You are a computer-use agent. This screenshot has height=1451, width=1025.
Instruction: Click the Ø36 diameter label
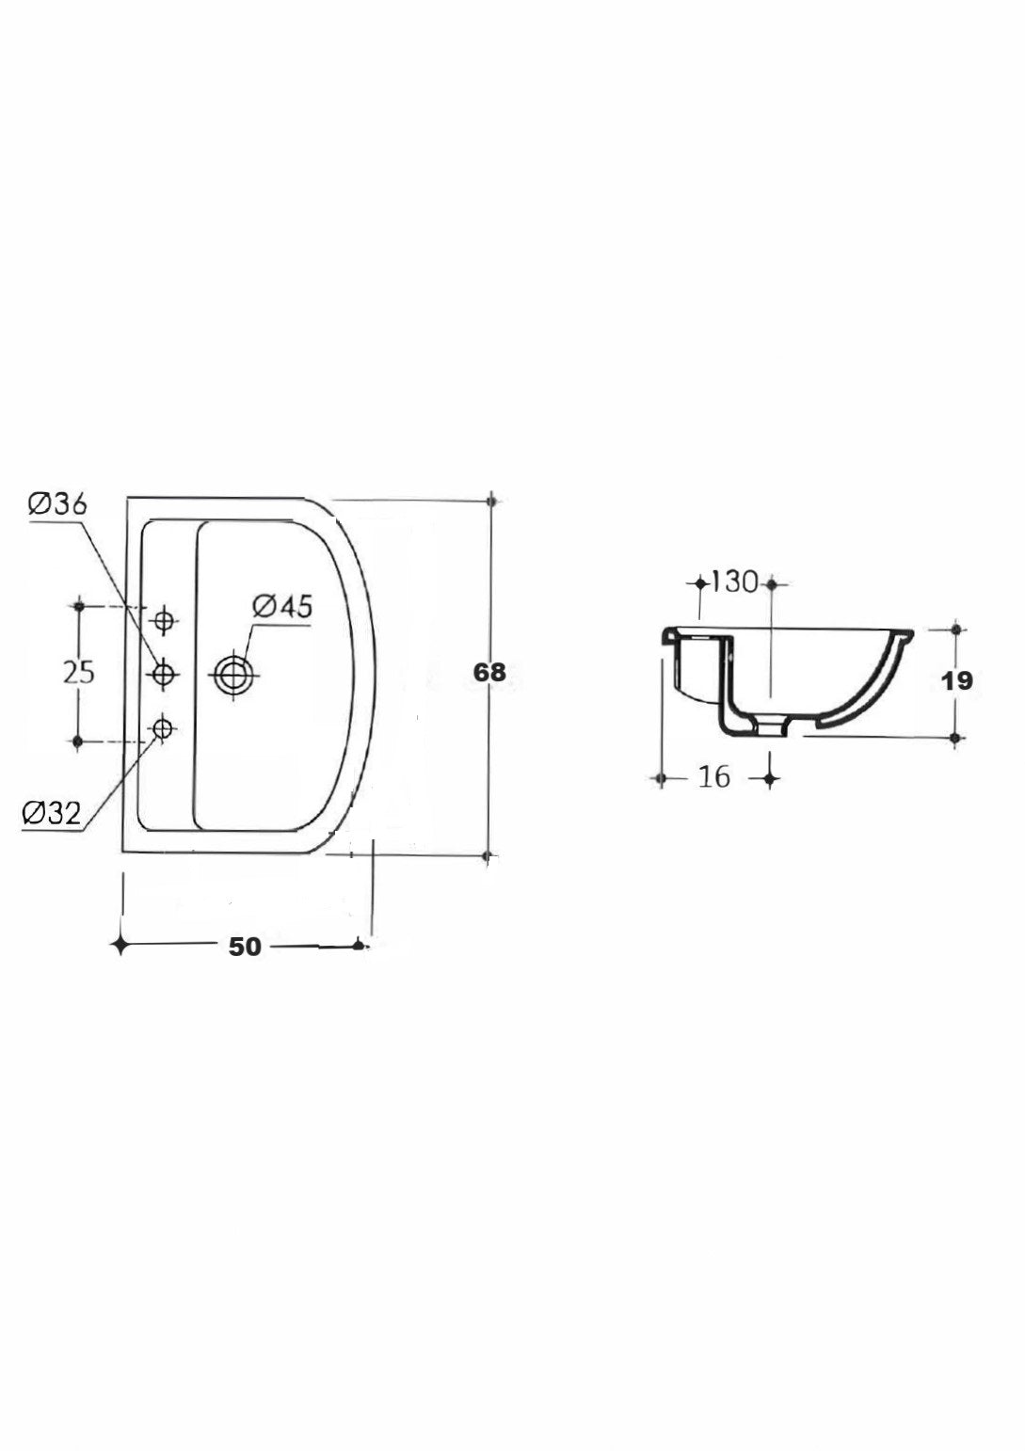[x=57, y=503]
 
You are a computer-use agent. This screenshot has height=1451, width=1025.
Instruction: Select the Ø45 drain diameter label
[x=282, y=606]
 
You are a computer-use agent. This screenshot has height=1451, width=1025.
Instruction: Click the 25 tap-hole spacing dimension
[x=79, y=672]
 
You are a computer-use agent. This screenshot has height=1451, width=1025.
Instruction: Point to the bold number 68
[x=489, y=673]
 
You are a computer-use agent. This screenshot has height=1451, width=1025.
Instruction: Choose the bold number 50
[x=245, y=947]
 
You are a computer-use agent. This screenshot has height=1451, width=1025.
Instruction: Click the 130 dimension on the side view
[x=734, y=582]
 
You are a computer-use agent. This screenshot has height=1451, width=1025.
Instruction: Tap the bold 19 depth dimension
[x=956, y=681]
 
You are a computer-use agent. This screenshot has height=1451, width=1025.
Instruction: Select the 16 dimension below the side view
[x=714, y=776]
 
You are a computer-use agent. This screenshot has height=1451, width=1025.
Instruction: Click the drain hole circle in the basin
[x=234, y=676]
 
